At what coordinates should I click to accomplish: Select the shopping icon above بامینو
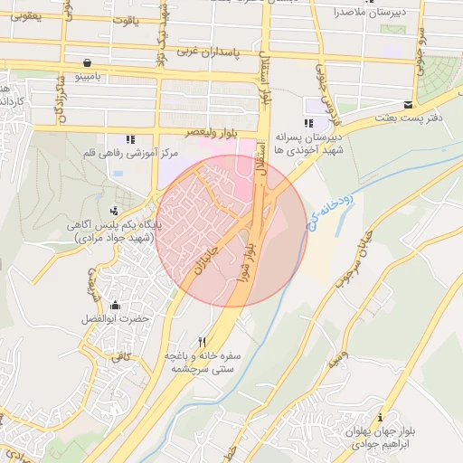point(86,63)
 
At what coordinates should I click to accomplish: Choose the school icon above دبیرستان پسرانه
point(309,123)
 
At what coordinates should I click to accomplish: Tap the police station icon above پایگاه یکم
point(113,211)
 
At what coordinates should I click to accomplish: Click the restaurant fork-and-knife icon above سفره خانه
point(203,342)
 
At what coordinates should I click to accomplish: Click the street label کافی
point(121,357)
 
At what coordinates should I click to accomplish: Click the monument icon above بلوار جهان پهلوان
point(380,418)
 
